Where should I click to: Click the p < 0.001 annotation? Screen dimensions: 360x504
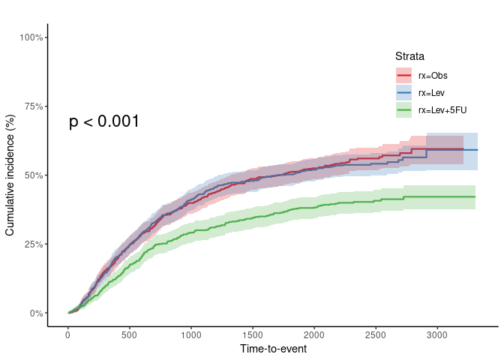click(104, 121)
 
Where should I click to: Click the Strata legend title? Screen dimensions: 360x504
click(410, 56)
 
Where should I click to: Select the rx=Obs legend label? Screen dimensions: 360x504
click(433, 75)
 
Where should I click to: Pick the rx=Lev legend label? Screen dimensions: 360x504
click(433, 93)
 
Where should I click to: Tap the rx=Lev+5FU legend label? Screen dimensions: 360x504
click(442, 111)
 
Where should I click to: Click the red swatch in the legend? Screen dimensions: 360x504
click(404, 75)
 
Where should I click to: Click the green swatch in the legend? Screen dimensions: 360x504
click(404, 111)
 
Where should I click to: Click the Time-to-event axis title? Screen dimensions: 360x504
click(273, 349)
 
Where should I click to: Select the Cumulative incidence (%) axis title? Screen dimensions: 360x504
click(10, 175)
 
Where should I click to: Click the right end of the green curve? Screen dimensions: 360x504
click(475, 196)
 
